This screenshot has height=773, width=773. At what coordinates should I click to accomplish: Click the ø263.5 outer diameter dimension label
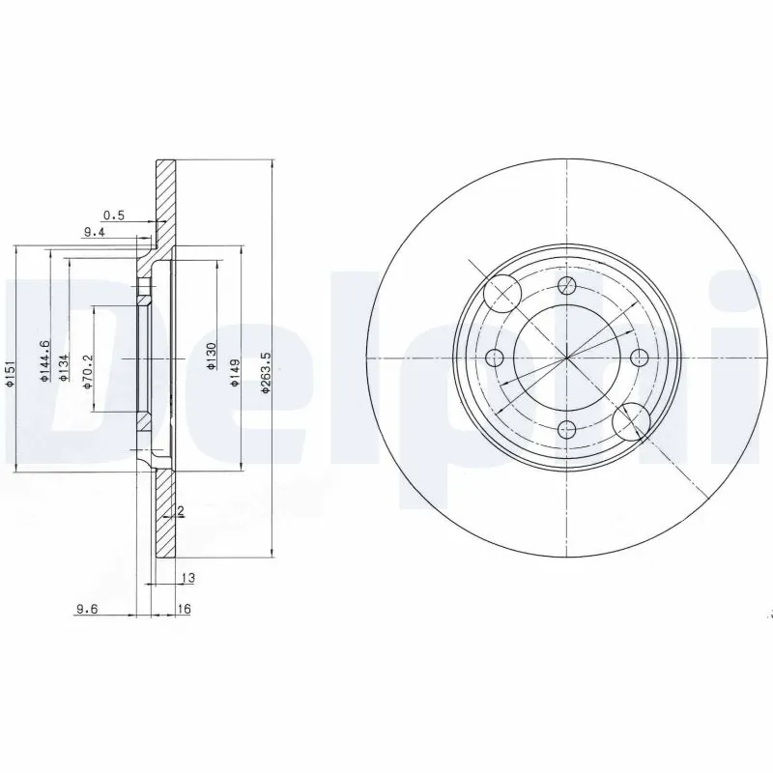264,373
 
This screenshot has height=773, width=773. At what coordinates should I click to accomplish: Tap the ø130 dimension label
210,357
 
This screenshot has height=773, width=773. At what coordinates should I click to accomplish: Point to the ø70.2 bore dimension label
86,369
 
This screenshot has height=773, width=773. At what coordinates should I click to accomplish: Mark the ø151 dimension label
9,373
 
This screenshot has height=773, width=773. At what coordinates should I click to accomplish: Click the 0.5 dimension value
114,215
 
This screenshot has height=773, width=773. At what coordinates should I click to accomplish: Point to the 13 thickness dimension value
187,578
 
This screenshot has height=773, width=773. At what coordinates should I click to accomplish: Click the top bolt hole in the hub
568,285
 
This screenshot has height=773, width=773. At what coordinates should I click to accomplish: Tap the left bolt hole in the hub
496,358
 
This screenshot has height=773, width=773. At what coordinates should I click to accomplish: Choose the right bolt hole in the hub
638,358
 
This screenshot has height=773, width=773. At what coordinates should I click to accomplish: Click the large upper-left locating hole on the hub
501,291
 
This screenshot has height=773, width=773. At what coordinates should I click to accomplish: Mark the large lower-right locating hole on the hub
631,420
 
